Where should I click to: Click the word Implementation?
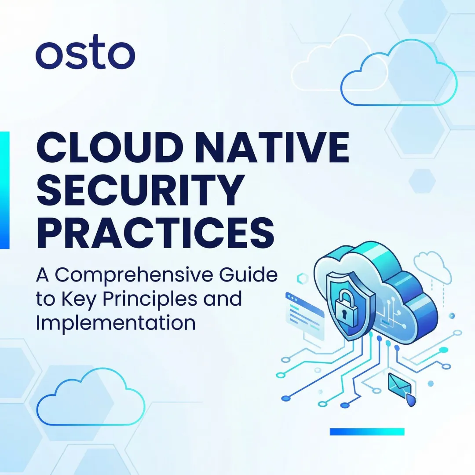coord(115,322)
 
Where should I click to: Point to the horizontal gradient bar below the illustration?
coord(367,431)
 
